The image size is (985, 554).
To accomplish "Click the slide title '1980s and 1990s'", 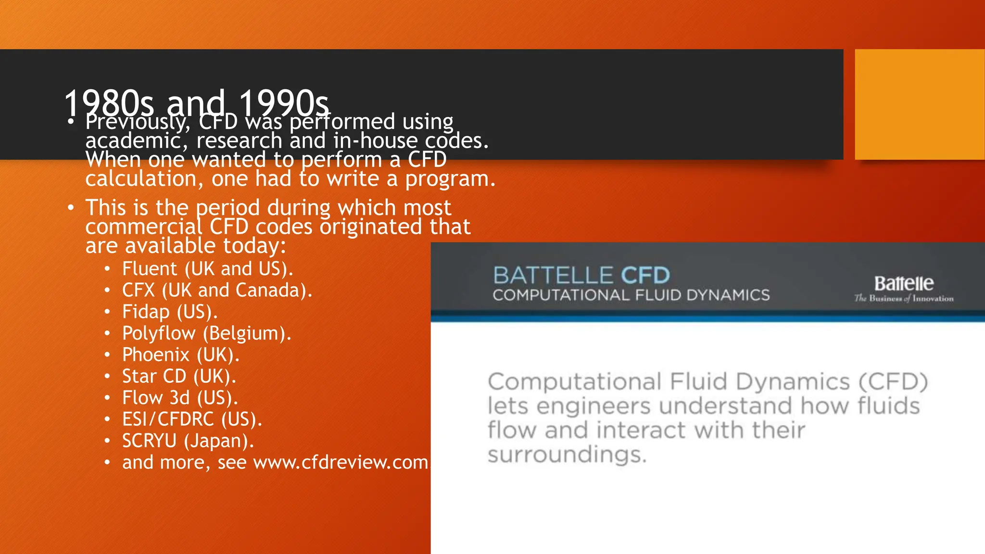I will tap(196, 102).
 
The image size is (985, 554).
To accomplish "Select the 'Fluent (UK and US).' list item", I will tap(207, 269).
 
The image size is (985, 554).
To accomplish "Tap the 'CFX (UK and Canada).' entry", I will tap(217, 290).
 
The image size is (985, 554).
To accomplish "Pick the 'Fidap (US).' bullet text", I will tap(170, 312).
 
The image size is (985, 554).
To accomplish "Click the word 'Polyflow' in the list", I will tap(159, 333).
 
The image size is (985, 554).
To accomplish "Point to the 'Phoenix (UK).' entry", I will tap(180, 355).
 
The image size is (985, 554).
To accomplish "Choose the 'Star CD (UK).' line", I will tap(179, 377).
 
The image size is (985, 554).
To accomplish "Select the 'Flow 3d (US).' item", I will tap(180, 398).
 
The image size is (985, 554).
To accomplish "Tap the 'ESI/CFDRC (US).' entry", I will tap(192, 419).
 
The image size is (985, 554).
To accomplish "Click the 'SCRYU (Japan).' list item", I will tap(188, 441).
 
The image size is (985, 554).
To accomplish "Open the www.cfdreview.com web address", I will tap(341, 463).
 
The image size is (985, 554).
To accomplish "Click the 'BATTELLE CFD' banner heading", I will tap(581, 276).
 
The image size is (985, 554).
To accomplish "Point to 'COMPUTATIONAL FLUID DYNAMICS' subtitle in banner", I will tap(631, 295).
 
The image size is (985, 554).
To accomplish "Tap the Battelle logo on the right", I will tap(904, 283).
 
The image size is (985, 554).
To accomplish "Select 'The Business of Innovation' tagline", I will tap(904, 299).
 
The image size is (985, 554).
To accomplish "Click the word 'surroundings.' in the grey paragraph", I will tap(567, 454).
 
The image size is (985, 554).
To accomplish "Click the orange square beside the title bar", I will tap(920, 104).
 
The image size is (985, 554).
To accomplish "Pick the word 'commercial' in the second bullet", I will tap(144, 227).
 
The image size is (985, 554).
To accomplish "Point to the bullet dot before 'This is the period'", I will tap(71, 208).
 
